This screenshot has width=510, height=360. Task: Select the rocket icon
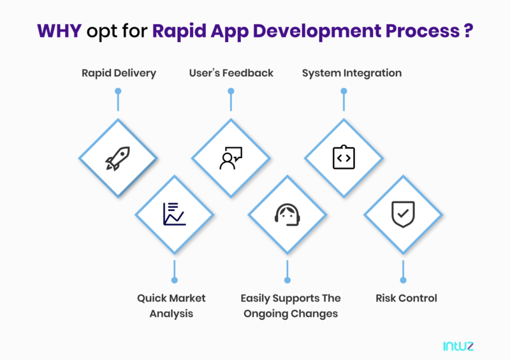coord(117,158)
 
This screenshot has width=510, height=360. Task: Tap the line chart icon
coord(174,214)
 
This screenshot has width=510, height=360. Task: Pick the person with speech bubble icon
coord(231,158)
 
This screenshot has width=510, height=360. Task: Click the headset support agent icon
coord(288,215)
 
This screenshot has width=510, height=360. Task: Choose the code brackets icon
coord(344,157)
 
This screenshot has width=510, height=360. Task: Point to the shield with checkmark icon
coord(402,214)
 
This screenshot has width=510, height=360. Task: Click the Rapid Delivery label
coord(119,73)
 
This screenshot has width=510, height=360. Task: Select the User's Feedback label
coord(231,73)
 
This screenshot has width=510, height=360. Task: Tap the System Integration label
coord(352,73)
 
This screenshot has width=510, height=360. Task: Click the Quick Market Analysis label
coord(171,306)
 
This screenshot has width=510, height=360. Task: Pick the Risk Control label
coord(406,298)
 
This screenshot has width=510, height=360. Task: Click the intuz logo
coord(458,346)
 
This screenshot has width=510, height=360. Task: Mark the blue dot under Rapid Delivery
coord(118,91)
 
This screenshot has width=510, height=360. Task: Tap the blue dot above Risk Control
coord(402,280)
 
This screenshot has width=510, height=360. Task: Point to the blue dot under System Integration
coord(344,91)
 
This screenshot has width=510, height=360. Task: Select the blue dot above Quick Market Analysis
coord(174,280)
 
